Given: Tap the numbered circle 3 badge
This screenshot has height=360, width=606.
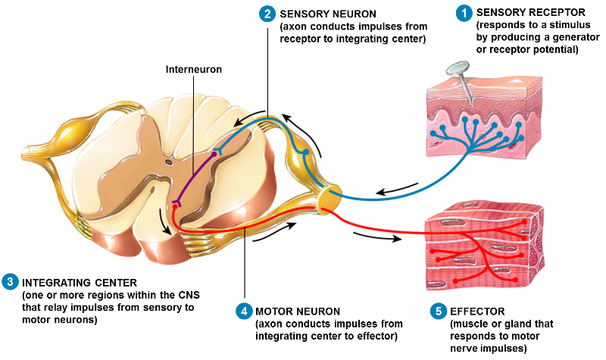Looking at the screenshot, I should pos(10,281).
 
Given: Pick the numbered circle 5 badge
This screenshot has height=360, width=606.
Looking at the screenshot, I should pos(437,311).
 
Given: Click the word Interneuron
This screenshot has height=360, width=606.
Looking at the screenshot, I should pos(193,69).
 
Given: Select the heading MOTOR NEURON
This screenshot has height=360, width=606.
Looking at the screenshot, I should pos(298,311).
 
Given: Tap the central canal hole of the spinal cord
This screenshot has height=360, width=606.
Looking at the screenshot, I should pos(169,161).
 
